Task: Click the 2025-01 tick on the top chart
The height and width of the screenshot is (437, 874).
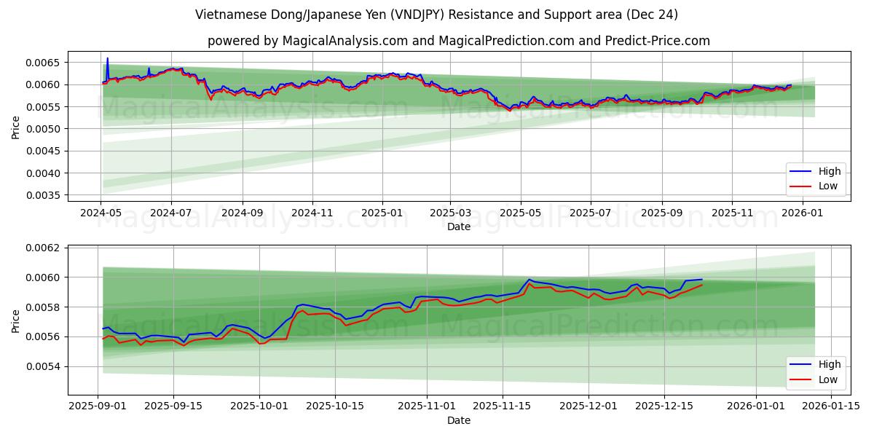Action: (382, 213)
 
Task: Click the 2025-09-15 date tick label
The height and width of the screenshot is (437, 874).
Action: (173, 406)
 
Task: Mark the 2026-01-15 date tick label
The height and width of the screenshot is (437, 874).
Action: (830, 406)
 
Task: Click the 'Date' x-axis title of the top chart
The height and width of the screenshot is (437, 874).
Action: (459, 227)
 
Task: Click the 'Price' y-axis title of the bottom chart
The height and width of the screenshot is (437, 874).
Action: (16, 320)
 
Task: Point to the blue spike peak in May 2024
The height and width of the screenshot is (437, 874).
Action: (108, 58)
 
